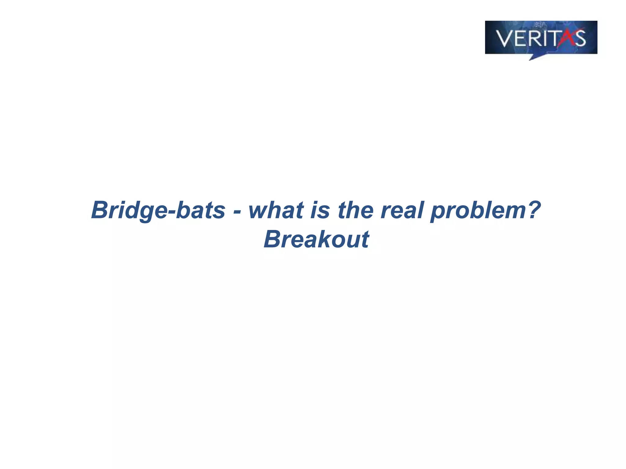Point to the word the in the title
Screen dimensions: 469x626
pyautogui.click(x=355, y=210)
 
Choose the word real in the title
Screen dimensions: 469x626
pyautogui.click(x=402, y=210)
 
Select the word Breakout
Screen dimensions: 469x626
pyautogui.click(x=316, y=239)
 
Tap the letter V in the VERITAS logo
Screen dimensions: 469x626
pyautogui.click(x=505, y=38)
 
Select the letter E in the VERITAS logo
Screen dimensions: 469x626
pyautogui.click(x=521, y=38)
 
